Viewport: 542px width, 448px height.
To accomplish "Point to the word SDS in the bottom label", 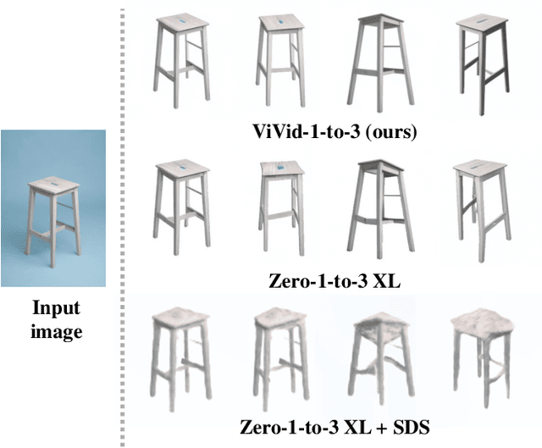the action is (x=407, y=427).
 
